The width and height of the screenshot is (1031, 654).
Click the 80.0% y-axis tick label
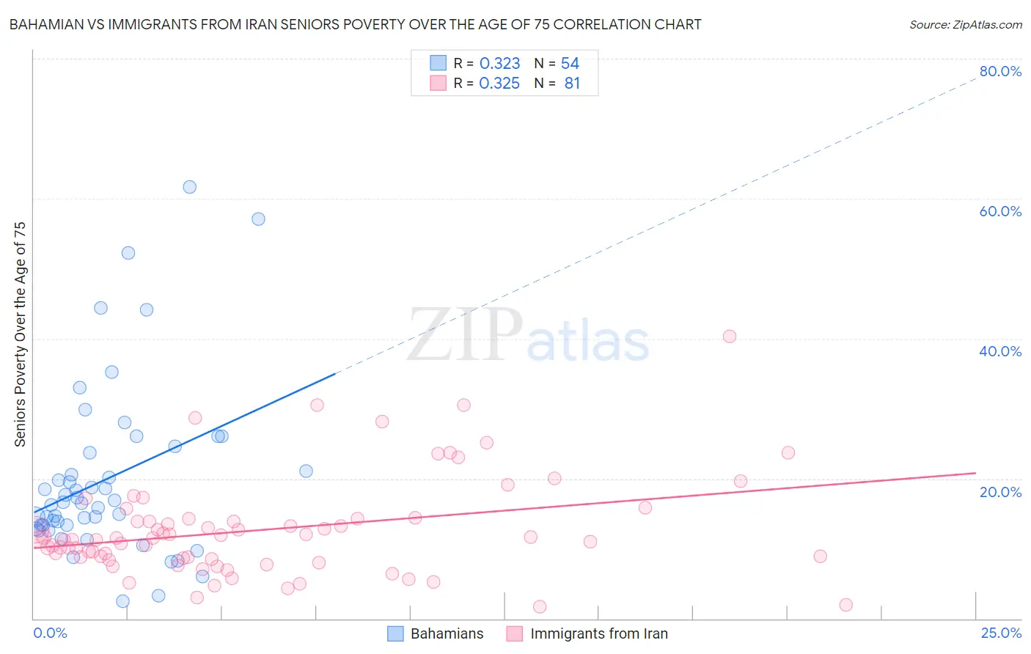[x=1000, y=71]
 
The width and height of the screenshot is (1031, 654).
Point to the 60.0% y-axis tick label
[x=1000, y=211]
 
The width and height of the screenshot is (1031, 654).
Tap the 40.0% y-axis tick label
[x=1000, y=351]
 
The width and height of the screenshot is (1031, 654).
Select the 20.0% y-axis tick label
[x=1000, y=491]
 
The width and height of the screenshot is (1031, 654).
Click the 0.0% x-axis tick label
[x=50, y=633]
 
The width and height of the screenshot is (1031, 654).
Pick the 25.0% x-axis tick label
[x=1001, y=633]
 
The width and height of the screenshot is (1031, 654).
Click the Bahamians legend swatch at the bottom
[x=395, y=633]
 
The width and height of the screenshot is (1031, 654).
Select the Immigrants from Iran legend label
[x=598, y=633]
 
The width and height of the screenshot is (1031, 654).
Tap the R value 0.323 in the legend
[x=499, y=64]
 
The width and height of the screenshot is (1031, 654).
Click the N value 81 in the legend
[x=572, y=84]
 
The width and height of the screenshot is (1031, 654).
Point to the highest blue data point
[x=190, y=187]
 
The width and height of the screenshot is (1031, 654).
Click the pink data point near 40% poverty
[x=729, y=337]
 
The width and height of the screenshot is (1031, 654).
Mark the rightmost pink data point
[x=845, y=605]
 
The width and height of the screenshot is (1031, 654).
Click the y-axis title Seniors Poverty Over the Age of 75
[x=20, y=334]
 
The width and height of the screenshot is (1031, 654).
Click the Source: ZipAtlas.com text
[x=965, y=24]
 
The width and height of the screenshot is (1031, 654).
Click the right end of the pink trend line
[x=975, y=474]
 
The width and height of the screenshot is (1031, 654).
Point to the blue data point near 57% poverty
[x=258, y=219]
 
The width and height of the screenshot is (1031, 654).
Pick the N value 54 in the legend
[x=570, y=64]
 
